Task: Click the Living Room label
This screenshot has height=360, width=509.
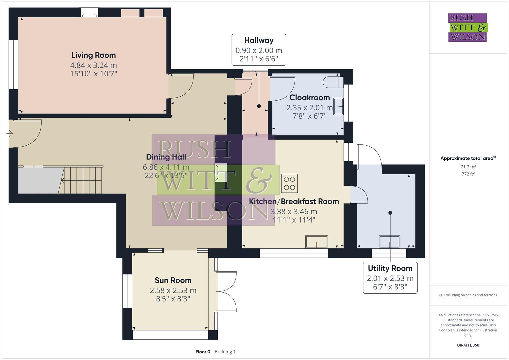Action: pos(93,55)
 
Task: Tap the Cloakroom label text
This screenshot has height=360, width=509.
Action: pos(309,98)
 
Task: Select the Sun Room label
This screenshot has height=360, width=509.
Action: pos(173,280)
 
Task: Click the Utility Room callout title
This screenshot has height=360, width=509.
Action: pos(390,268)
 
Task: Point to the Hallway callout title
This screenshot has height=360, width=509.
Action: pos(259,40)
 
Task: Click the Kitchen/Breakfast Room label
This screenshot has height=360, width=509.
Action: pos(294,201)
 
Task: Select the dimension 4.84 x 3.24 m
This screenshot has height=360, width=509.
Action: pos(93,65)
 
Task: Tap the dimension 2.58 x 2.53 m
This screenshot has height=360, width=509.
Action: pos(173,290)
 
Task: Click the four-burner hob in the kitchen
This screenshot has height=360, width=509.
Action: pos(289,183)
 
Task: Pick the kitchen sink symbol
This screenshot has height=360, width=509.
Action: pos(317,242)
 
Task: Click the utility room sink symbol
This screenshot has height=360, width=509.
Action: pos(390,242)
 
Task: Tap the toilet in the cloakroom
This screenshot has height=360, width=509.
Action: pos(331,81)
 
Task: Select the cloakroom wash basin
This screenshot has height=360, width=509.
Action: pos(338,106)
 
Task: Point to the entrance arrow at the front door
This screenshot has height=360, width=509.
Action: pos(10,134)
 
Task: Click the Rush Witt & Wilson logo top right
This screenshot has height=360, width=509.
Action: pos(467,28)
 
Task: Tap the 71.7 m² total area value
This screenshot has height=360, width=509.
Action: pos(468,166)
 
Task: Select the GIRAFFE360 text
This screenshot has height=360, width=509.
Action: pos(468,345)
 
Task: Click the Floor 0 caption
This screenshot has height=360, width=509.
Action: pos(203,352)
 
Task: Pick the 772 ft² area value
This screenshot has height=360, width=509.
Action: pos(468,174)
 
